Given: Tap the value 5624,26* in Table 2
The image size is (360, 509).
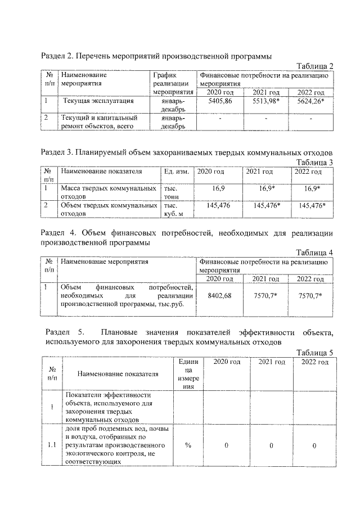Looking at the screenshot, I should tap(310, 101).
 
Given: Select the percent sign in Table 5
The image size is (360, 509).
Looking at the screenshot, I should tap(187, 445).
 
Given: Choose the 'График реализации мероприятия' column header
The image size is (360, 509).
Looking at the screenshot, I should tap(173, 83).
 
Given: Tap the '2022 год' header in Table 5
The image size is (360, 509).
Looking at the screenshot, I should tap(315, 362).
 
